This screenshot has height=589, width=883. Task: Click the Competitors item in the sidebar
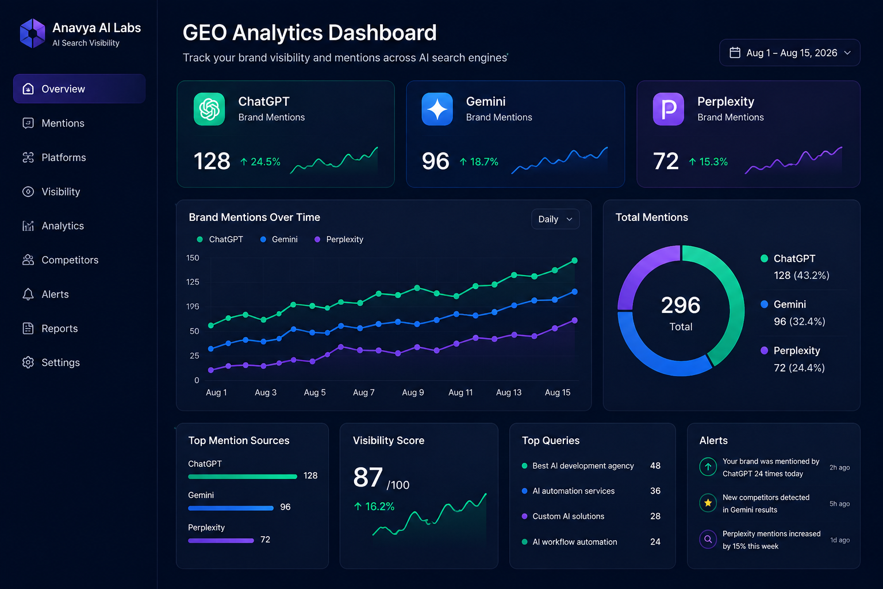coord(60,260)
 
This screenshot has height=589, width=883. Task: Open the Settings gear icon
coord(28,362)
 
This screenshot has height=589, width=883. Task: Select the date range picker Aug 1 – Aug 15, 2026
coord(789,53)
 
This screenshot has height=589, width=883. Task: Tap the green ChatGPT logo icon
coord(209,109)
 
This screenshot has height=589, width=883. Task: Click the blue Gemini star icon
coord(437,109)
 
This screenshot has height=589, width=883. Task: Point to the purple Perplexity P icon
coord(669,109)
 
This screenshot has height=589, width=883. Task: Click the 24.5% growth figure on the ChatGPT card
coord(260,162)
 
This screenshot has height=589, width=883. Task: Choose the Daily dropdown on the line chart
coord(555,219)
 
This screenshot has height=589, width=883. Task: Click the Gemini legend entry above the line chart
coord(279,239)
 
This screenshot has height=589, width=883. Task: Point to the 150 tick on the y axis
coord(193,258)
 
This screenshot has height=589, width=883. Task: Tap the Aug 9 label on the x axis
coord(413,392)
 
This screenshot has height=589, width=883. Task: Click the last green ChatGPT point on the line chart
coord(575,261)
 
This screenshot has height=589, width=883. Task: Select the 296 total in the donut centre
coord(681,305)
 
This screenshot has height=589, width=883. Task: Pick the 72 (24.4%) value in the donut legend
coord(799,368)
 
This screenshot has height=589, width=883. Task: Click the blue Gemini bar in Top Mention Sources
coord(231,508)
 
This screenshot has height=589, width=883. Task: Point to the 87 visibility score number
coord(368,477)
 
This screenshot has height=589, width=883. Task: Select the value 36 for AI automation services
coord(655,491)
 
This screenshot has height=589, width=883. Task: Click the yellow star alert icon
coord(708,503)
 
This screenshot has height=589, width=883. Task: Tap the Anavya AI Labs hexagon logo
coord(33,33)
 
